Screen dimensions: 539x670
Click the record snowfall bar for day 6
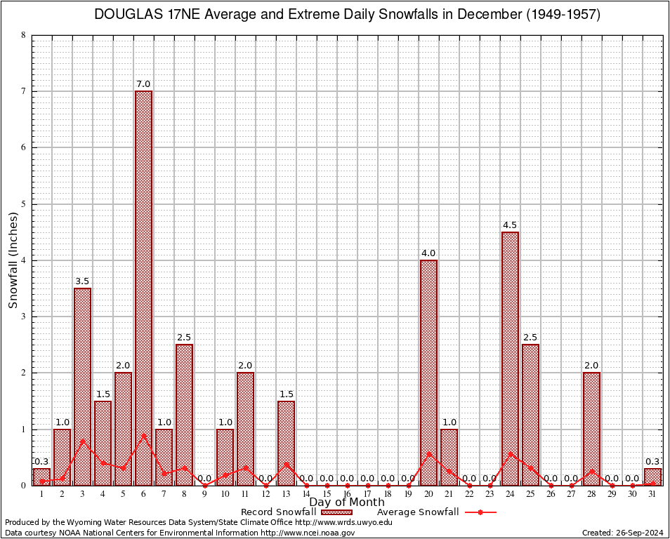143,288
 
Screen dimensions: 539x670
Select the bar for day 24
510,358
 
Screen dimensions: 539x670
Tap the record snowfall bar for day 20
428,372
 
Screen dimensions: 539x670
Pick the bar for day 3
82,386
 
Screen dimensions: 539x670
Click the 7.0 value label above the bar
143,84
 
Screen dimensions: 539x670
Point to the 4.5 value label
510,225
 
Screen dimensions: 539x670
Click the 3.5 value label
82,281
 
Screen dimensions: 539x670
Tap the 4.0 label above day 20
428,253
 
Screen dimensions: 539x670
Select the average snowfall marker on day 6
143,435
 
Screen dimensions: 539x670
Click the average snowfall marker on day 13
286,463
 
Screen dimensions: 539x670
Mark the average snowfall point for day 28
591,471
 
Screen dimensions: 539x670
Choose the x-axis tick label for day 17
367,495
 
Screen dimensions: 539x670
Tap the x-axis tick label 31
652,495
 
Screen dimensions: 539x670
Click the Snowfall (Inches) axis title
13,260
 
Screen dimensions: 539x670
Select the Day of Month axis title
347,503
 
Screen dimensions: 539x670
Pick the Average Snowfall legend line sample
480,512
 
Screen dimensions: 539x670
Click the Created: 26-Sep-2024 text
623,533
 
